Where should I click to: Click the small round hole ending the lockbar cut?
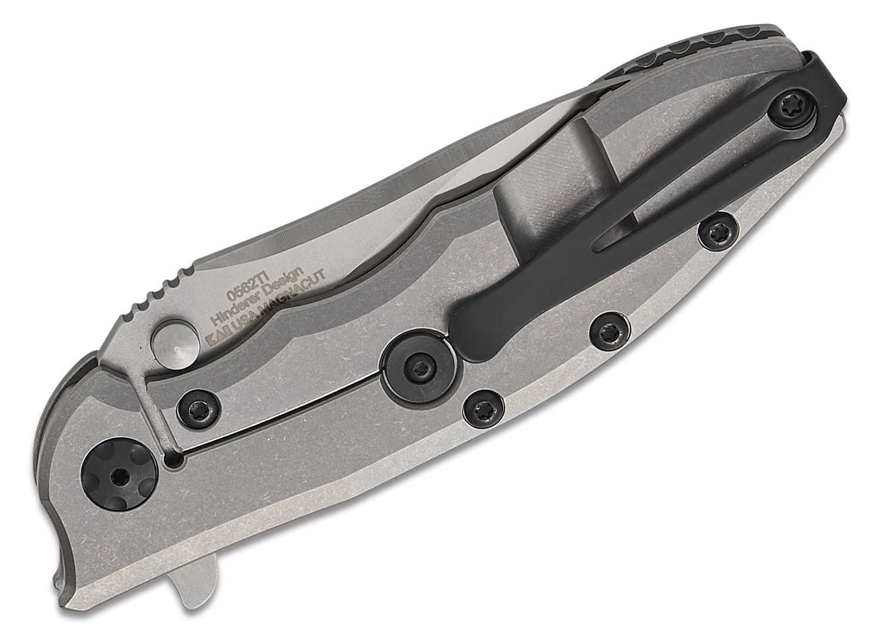tap(173, 463)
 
